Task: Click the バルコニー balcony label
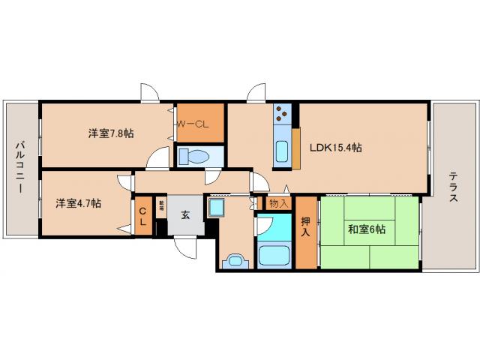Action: coord(22,167)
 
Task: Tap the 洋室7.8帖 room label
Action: coord(111,133)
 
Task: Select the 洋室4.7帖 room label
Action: coord(78,202)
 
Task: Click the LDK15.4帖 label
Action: coord(335,148)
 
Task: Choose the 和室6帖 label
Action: coord(366,229)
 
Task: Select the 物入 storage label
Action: coord(277,203)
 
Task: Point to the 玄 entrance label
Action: coord(184,214)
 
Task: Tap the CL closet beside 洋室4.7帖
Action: coord(142,217)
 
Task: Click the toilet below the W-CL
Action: coord(198,157)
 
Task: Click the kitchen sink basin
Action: coord(282,151)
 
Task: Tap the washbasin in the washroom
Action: coord(234,262)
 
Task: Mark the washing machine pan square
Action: coord(217,207)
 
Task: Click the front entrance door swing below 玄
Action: coord(185,247)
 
